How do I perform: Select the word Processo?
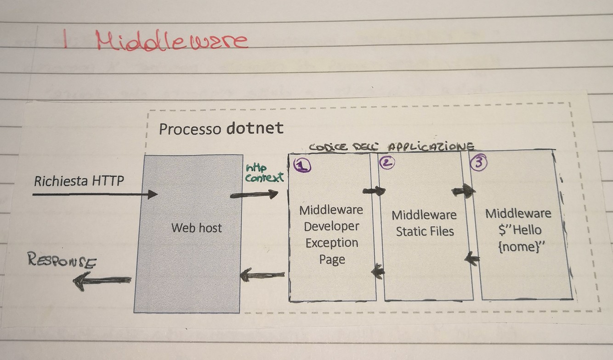[x=190, y=129]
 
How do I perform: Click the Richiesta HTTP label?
[x=79, y=181]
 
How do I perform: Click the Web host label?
[x=196, y=228]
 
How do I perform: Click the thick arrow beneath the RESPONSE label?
[x=102, y=280]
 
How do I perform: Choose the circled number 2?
[x=386, y=163]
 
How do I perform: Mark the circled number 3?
[x=478, y=163]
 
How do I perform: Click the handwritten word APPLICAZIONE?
[x=431, y=147]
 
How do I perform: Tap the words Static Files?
[x=425, y=231]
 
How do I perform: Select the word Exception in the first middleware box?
[x=331, y=243]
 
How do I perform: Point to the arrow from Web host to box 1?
[x=254, y=194]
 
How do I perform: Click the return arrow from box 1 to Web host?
[x=262, y=276]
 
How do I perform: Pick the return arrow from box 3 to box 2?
[x=472, y=259]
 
